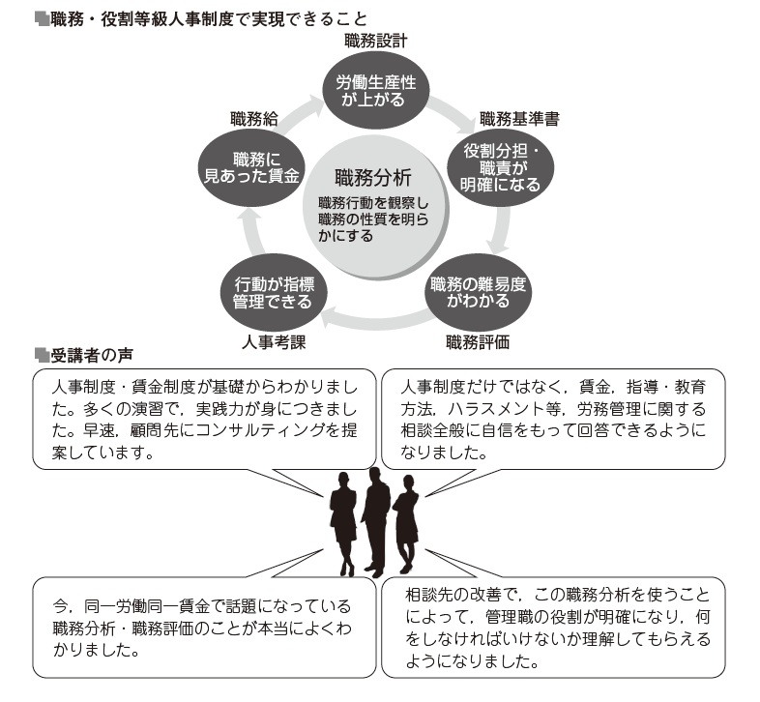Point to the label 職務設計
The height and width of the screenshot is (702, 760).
376,41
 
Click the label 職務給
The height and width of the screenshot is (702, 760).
254,120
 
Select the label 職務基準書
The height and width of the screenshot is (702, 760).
519,120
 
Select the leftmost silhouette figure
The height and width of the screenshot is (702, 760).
344,522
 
